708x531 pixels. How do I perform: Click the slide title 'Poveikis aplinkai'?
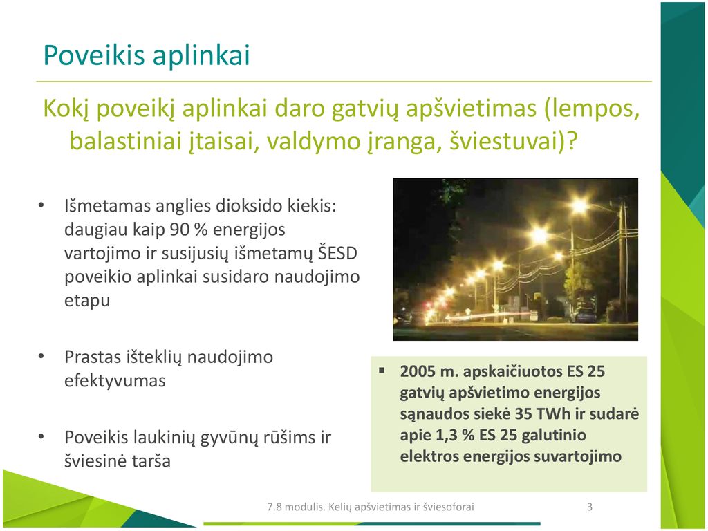[147, 55]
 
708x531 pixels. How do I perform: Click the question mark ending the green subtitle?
[572, 141]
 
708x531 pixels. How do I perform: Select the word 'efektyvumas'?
[115, 381]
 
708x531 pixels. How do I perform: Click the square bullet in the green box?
[382, 371]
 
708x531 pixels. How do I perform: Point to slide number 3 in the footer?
[589, 507]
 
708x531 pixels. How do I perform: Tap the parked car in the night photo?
[586, 315]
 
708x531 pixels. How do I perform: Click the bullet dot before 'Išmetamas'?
[41, 205]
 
